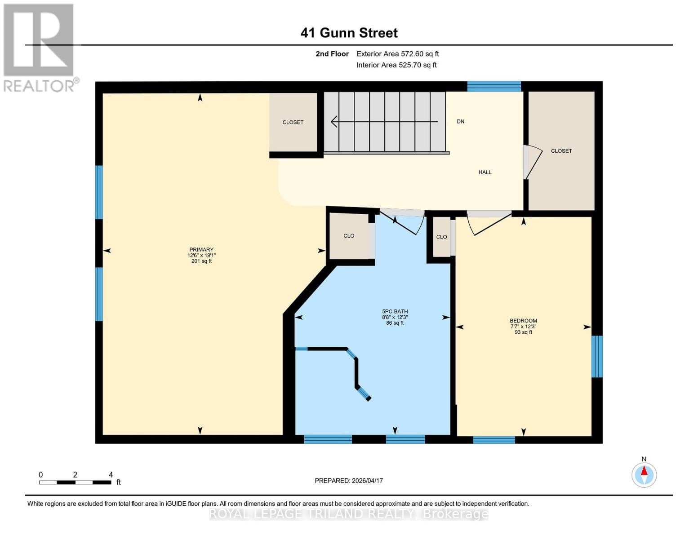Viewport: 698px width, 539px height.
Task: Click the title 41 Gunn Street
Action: (x=349, y=33)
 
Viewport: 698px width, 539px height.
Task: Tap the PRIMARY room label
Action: (x=201, y=250)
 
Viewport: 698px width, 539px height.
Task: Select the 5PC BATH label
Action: (x=395, y=311)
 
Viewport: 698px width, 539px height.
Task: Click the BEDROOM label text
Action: (x=523, y=321)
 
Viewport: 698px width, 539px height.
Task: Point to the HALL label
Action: (x=485, y=172)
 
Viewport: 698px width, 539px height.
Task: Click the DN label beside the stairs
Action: (x=460, y=121)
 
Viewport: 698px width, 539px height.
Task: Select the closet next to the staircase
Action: (x=293, y=122)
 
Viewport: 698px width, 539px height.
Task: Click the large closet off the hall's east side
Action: (x=561, y=151)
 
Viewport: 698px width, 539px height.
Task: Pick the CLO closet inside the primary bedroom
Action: (x=349, y=236)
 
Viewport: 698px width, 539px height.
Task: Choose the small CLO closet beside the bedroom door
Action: (x=441, y=237)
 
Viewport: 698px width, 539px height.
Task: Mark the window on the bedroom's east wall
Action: (x=596, y=356)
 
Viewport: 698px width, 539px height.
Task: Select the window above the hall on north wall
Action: (x=493, y=86)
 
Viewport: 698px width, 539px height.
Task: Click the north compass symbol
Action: (x=644, y=474)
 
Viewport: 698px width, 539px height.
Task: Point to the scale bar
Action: (x=75, y=482)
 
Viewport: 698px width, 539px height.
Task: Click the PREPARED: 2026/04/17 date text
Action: (x=348, y=481)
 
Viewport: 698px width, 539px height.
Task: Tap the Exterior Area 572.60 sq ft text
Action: (x=397, y=54)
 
